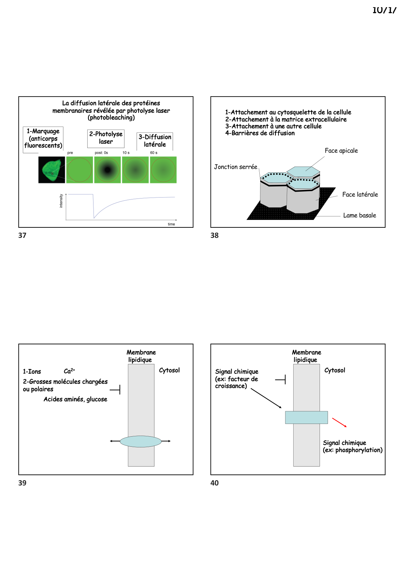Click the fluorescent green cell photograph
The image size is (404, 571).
click(x=51, y=170)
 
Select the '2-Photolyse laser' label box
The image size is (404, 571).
click(x=106, y=138)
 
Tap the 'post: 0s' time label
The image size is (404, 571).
click(x=101, y=153)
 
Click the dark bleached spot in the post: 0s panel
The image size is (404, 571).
click(x=107, y=170)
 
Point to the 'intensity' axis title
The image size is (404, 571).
click(x=61, y=201)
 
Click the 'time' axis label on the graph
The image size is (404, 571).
click(x=171, y=224)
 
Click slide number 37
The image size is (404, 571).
click(x=22, y=236)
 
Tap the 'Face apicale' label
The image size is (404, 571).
click(x=341, y=151)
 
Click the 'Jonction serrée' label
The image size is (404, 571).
click(x=236, y=167)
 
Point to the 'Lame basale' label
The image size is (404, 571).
click(x=359, y=215)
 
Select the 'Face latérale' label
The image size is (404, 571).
click(x=360, y=195)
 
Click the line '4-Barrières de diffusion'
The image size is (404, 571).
click(x=260, y=133)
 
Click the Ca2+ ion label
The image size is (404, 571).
click(x=69, y=371)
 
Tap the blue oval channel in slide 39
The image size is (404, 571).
click(x=141, y=442)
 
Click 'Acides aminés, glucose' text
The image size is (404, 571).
click(x=75, y=399)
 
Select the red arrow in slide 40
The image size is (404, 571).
click(x=339, y=422)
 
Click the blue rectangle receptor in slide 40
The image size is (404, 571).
click(x=306, y=417)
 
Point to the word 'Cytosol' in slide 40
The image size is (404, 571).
click(x=335, y=370)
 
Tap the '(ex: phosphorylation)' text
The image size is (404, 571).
click(x=353, y=450)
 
